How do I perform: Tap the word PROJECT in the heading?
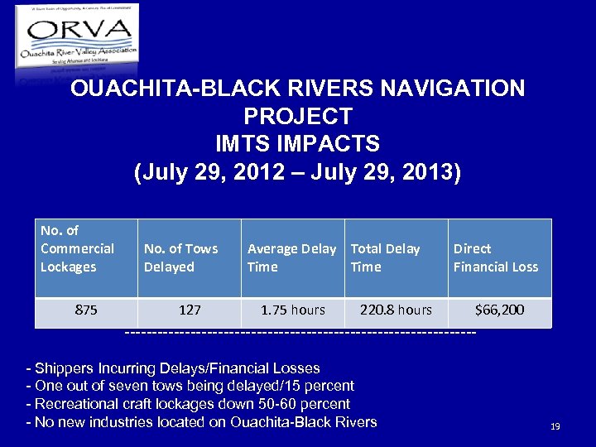coord(298,117)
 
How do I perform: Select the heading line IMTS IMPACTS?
coord(298,144)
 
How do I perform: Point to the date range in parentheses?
coord(298,173)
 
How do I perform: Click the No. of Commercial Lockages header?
coord(77,248)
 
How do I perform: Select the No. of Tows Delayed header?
coord(180,257)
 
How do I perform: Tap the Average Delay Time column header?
coord(291,257)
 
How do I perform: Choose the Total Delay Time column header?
coord(385,257)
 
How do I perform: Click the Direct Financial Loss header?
coord(495,257)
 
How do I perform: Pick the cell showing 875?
coord(85,310)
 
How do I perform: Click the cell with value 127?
coord(190,310)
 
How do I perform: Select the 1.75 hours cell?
coord(293,310)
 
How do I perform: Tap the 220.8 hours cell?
coord(396,310)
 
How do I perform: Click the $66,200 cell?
coord(499,310)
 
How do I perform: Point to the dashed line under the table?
coord(300,333)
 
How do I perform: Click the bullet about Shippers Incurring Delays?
coord(173,368)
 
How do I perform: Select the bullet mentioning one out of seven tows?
coord(190,386)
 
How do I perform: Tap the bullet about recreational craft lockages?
coord(189,404)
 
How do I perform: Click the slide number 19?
coord(555,426)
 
